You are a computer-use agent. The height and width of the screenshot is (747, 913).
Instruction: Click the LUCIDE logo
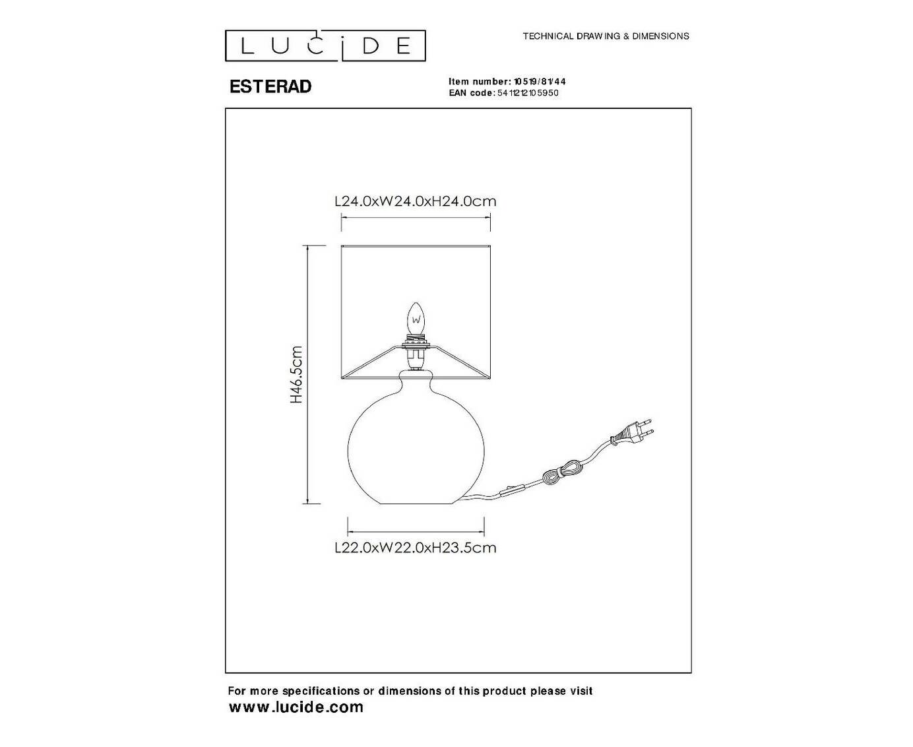(x=325, y=46)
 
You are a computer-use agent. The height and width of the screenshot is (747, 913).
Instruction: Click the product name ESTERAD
(x=270, y=86)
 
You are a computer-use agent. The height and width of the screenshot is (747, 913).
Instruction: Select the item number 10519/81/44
(x=539, y=81)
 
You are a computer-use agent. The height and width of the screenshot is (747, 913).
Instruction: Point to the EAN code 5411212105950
(x=528, y=92)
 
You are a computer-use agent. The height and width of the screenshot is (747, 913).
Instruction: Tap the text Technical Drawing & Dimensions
(x=606, y=36)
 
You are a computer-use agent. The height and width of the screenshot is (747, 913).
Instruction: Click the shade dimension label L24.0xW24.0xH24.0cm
(x=415, y=201)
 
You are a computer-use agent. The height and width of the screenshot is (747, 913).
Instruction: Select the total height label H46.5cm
(x=296, y=375)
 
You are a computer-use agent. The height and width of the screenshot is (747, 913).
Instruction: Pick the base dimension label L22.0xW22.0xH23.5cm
(x=415, y=548)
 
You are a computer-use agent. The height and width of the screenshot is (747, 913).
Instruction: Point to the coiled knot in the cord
(x=560, y=472)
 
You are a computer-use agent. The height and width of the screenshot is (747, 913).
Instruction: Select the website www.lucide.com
(x=296, y=707)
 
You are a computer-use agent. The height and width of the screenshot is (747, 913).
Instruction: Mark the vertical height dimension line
(x=307, y=375)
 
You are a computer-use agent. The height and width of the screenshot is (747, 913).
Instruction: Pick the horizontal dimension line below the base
(x=416, y=531)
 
